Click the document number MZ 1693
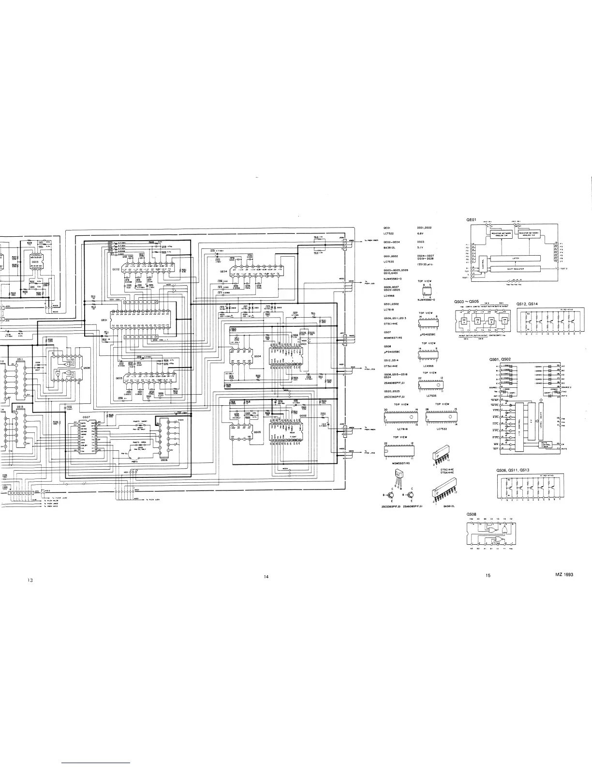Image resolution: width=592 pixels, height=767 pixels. [564, 574]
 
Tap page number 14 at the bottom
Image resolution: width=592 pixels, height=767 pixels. [266, 576]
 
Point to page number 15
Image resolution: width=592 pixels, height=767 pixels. [488, 575]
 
